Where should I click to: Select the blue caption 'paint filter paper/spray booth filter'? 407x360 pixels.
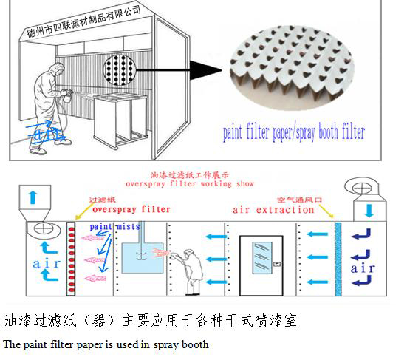tap(294, 134)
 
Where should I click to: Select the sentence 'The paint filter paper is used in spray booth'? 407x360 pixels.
tap(106, 344)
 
